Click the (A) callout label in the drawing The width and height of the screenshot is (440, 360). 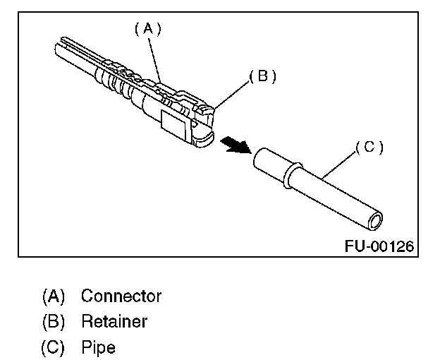148,29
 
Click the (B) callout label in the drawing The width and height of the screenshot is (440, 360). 262,77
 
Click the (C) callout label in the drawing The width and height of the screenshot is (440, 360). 369,148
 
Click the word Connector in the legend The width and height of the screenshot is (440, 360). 121,296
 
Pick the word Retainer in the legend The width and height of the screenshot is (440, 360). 114,321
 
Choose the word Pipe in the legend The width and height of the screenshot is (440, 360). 98,347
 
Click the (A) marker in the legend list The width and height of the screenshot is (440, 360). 54,296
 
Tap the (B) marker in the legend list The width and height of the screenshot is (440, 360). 54,321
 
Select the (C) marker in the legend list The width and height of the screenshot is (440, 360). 54,347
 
